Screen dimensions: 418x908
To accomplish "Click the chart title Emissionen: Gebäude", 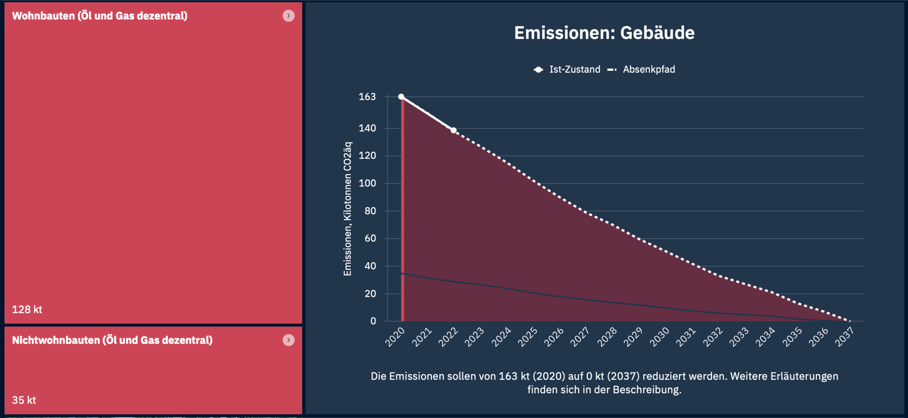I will pyautogui.click(x=604, y=33).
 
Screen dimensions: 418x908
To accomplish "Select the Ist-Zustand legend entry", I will pyautogui.click(x=567, y=70).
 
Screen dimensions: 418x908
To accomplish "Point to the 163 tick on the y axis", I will pyautogui.click(x=367, y=97).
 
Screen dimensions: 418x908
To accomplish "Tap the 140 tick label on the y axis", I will pyautogui.click(x=367, y=128).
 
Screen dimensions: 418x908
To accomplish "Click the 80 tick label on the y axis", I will pyautogui.click(x=370, y=211).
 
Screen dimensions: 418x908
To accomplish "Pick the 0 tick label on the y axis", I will pyautogui.click(x=373, y=321).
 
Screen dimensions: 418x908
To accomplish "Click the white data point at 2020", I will pyautogui.click(x=401, y=97).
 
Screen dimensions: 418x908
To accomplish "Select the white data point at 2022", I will pyautogui.click(x=454, y=130).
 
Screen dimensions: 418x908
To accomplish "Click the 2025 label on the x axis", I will pyautogui.click(x=528, y=337).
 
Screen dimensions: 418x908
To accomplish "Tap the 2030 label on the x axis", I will pyautogui.click(x=660, y=337).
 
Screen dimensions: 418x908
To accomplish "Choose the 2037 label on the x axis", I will pyautogui.click(x=844, y=337).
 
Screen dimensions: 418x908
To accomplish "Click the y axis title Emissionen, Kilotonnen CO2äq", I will pyautogui.click(x=348, y=209).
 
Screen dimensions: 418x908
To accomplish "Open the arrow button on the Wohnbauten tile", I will pyautogui.click(x=289, y=16).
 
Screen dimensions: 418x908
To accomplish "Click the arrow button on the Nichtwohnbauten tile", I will pyautogui.click(x=289, y=340).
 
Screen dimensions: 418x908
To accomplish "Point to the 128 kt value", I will pyautogui.click(x=27, y=310).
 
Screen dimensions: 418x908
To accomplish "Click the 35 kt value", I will pyautogui.click(x=24, y=400).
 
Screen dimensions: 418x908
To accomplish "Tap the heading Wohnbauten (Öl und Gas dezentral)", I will pyautogui.click(x=100, y=16).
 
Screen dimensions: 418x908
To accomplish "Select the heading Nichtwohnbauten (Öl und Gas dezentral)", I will pyautogui.click(x=112, y=340).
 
